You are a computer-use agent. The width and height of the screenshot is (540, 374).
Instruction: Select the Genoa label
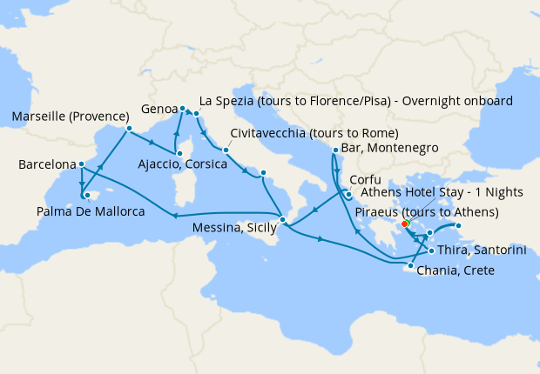(159, 110)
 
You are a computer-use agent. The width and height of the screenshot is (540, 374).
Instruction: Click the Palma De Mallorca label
(90, 210)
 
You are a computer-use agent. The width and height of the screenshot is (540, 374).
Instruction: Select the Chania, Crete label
(456, 270)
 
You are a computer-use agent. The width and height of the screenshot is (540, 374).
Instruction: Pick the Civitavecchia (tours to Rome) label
(314, 133)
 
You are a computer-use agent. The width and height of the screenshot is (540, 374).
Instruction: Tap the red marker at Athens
(405, 224)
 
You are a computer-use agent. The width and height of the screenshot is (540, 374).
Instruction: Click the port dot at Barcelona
(81, 164)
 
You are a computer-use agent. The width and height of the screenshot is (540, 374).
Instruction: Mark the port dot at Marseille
(128, 130)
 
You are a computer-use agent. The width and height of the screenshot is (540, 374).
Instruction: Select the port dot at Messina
(282, 219)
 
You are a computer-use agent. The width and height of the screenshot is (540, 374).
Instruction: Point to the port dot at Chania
(410, 265)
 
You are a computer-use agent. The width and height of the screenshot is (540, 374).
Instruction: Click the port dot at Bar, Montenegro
(335, 150)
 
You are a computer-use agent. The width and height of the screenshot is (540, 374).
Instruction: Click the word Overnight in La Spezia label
(420, 99)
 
